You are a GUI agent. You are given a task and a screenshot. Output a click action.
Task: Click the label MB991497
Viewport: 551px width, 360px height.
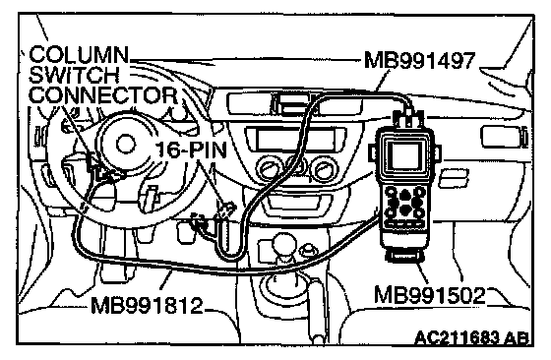click(x=420, y=60)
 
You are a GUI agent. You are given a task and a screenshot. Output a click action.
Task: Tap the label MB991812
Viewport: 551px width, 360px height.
click(x=147, y=305)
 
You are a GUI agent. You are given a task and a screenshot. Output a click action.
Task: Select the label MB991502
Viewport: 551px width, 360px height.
click(x=429, y=295)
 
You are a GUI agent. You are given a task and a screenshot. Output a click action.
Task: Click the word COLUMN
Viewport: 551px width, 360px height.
click(x=79, y=54)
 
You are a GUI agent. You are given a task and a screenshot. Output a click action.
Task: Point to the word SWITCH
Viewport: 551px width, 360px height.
click(x=75, y=75)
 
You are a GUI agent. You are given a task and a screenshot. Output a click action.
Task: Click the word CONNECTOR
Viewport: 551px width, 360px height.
click(x=103, y=94)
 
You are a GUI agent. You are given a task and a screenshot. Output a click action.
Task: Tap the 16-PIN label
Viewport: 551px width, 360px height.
click(x=191, y=150)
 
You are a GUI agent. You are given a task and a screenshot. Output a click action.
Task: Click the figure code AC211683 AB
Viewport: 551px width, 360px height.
click(x=471, y=338)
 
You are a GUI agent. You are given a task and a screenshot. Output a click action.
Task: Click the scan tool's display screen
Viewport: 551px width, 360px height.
click(x=404, y=155)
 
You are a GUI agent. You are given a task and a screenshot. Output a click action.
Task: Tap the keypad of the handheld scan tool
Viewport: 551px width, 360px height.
click(x=404, y=204)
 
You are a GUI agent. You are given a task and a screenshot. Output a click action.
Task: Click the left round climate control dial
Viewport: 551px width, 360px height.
click(x=267, y=168)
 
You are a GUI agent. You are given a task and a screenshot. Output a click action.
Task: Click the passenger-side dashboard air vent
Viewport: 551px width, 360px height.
click(x=503, y=137)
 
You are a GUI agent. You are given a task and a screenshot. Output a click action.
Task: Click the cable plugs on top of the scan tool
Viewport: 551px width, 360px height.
click(x=408, y=118)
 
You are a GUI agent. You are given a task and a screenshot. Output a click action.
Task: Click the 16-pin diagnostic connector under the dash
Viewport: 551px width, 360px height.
click(x=225, y=210)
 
